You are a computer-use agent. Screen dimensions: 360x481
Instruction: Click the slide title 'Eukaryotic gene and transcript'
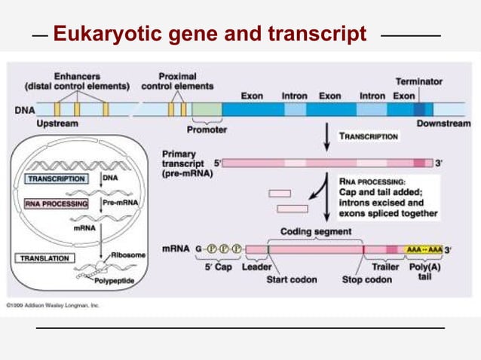(x=210, y=35)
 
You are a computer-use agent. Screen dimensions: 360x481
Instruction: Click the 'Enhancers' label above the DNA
(x=77, y=76)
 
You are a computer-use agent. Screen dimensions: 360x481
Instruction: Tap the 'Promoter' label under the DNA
(x=207, y=130)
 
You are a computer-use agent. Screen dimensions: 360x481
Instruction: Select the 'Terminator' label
(x=418, y=81)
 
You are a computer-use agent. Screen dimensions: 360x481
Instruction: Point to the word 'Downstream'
(x=443, y=123)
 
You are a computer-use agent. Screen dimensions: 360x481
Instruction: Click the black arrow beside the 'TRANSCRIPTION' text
(x=326, y=136)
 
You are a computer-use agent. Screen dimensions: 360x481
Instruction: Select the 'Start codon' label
(x=291, y=279)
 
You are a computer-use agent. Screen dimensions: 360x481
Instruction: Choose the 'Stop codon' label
(x=367, y=279)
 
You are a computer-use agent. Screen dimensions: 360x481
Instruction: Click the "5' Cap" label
(x=218, y=267)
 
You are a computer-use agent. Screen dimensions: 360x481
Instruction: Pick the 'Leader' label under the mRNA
(x=257, y=267)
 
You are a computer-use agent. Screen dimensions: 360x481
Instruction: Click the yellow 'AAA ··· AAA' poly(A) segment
(x=424, y=249)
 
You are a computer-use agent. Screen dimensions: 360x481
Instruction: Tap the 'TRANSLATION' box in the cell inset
(x=44, y=258)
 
